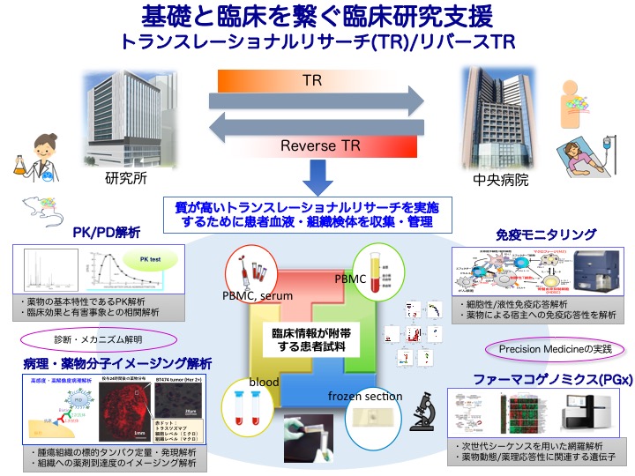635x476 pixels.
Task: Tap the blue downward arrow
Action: click(x=316, y=182)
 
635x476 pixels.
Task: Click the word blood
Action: click(x=265, y=383)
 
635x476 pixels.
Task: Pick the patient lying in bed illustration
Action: click(x=583, y=163)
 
